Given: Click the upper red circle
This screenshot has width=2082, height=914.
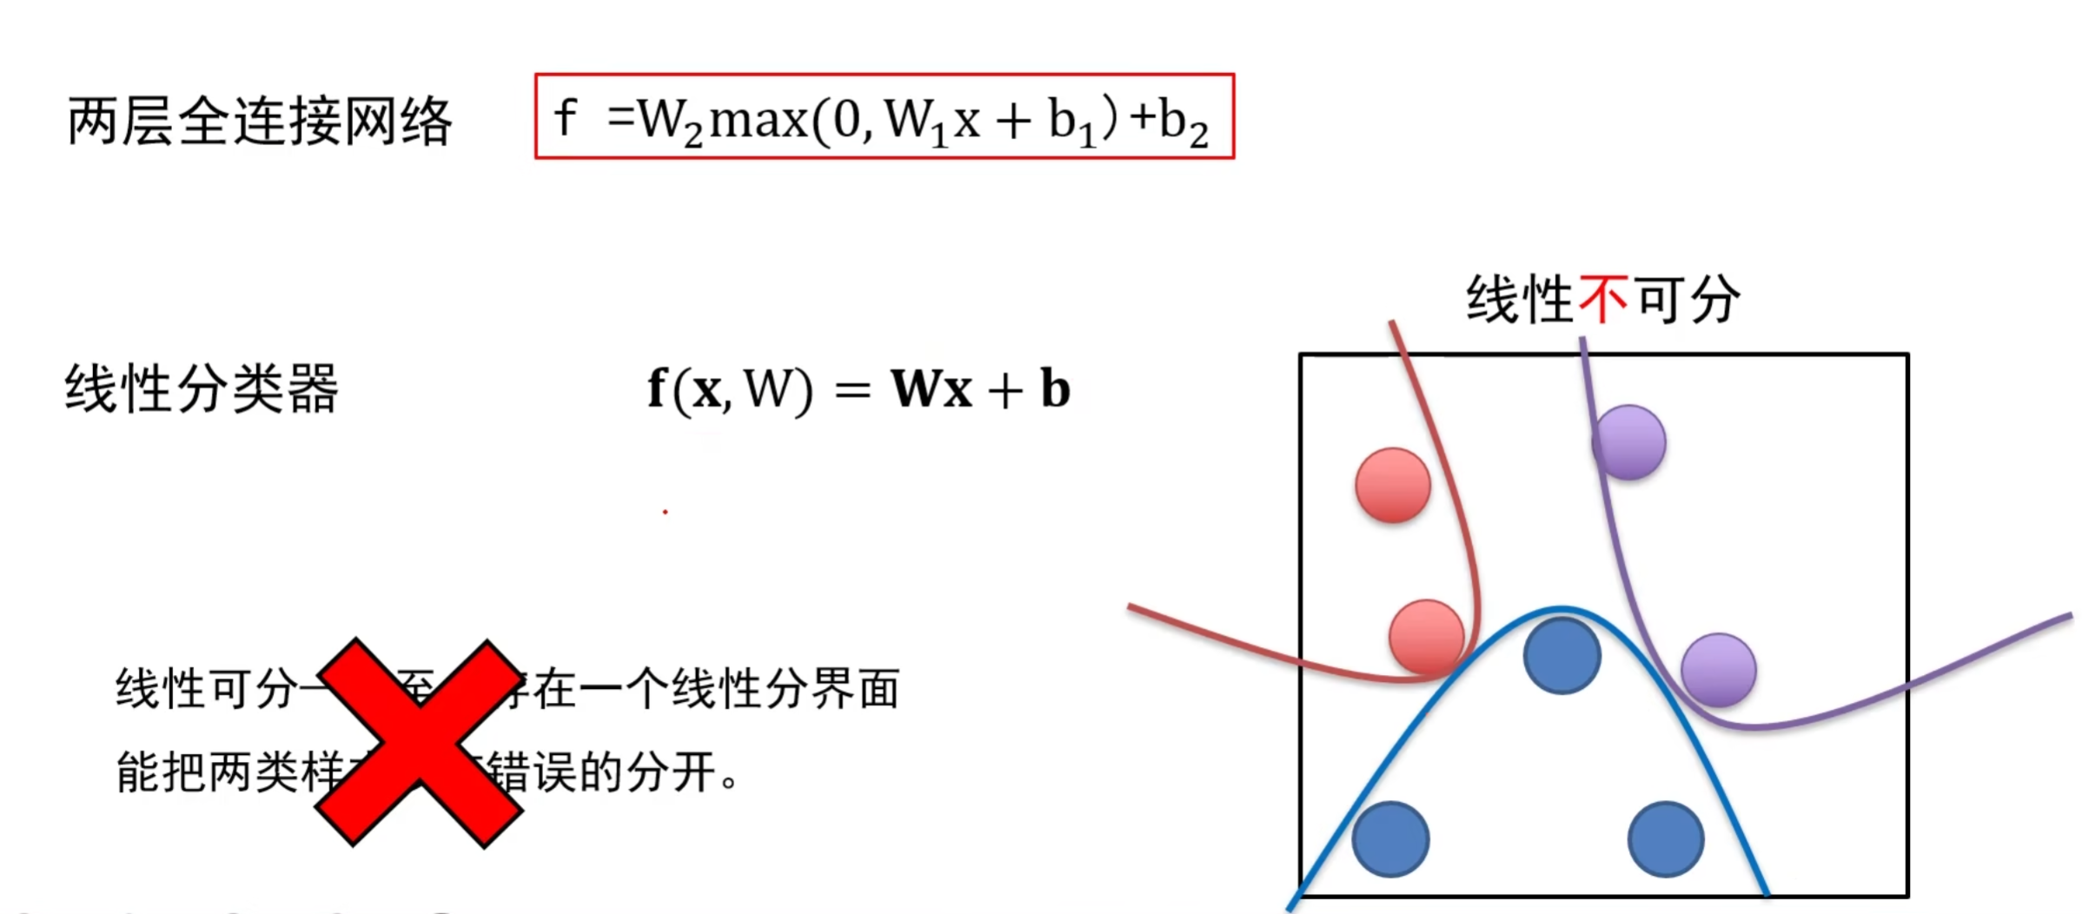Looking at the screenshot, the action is (x=1392, y=485).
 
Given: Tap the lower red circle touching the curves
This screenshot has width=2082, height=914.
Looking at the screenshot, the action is (x=1426, y=637).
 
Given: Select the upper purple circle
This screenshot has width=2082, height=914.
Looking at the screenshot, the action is (x=1629, y=442).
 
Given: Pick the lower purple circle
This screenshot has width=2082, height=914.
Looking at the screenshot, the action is (x=1718, y=670).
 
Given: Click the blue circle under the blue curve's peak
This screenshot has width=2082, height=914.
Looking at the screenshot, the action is (x=1561, y=655).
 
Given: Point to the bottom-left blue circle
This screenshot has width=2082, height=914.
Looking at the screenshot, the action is (x=1390, y=838).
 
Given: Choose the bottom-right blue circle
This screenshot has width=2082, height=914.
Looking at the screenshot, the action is (x=1665, y=838).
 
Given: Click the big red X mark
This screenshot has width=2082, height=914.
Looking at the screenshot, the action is (x=419, y=743).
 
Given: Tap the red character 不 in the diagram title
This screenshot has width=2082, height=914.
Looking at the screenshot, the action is (x=1602, y=300).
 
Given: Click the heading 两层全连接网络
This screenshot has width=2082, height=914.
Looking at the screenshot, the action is (x=260, y=121).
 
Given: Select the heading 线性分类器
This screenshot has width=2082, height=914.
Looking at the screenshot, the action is (x=201, y=388).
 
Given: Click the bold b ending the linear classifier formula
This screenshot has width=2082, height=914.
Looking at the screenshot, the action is (x=1055, y=388).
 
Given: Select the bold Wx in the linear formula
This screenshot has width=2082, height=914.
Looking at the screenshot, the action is (x=931, y=388).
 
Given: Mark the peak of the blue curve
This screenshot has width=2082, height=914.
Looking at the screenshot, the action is (x=1561, y=608).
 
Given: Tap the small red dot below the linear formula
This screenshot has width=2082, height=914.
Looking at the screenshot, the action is (x=665, y=512).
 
